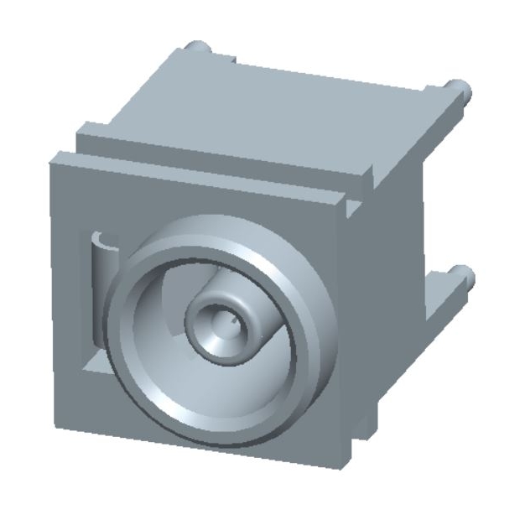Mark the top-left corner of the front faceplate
click(52, 156)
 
